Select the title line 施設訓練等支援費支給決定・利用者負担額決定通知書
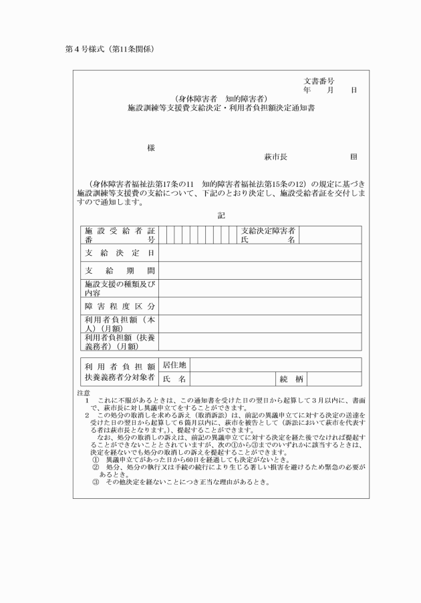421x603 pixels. (221, 107)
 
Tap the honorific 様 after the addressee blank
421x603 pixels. (151, 148)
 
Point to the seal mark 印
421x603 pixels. (353, 157)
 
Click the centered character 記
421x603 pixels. (221, 216)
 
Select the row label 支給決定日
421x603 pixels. (120, 253)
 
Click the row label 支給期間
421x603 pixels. (120, 270)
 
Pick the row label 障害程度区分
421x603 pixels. (120, 306)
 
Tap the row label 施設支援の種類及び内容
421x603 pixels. (120, 288)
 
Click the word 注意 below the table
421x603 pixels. (84, 393)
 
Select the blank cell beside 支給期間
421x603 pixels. (260, 270)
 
